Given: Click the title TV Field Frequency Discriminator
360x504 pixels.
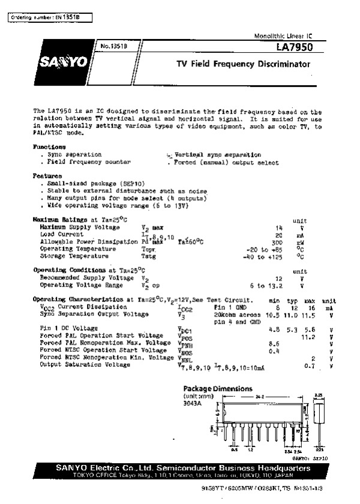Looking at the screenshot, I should [243, 63].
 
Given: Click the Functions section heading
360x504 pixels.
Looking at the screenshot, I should [49, 146].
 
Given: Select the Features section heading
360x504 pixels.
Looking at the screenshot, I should [48, 175].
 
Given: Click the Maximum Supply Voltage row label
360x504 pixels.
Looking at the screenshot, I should [80, 228].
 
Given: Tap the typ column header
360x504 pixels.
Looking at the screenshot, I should [293, 300].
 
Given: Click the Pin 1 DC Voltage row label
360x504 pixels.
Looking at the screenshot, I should [69, 328].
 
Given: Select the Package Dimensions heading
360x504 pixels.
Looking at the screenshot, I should [213, 388].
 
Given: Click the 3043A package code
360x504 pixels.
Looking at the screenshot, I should [193, 403].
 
